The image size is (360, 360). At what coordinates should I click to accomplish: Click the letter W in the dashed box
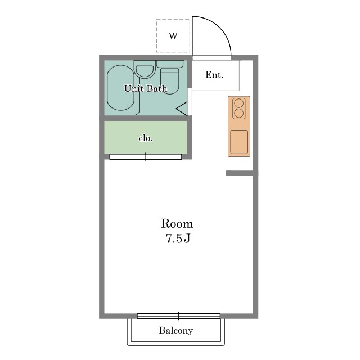pos(173,36)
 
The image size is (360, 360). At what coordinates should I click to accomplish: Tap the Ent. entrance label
pos(214,75)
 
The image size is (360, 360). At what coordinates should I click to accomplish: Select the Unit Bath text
pos(146,88)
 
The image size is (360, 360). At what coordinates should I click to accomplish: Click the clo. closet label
pos(146,138)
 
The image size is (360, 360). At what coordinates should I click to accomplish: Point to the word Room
pos(177,224)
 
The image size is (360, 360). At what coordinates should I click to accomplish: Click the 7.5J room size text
pos(178,238)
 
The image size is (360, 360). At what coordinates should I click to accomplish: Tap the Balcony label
pos(176,330)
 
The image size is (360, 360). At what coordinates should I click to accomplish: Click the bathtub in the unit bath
pos(121,88)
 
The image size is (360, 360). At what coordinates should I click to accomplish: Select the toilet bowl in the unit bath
pos(170,81)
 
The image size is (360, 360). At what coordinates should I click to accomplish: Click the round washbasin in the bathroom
pos(145,71)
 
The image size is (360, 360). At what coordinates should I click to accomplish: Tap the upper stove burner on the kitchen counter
pos(239,103)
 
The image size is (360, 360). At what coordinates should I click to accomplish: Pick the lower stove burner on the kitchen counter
pos(239,113)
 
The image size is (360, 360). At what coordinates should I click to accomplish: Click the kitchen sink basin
pos(239,142)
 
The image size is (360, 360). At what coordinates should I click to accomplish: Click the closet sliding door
pos(146,156)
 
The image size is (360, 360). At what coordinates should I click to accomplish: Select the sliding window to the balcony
pos(179,316)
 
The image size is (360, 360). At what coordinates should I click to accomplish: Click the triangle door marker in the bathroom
pos(182,109)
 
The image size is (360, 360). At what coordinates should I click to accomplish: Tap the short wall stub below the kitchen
pos(240,173)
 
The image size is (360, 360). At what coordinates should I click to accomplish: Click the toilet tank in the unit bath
pos(170,64)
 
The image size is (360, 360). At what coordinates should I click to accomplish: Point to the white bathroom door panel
pos(190,101)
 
